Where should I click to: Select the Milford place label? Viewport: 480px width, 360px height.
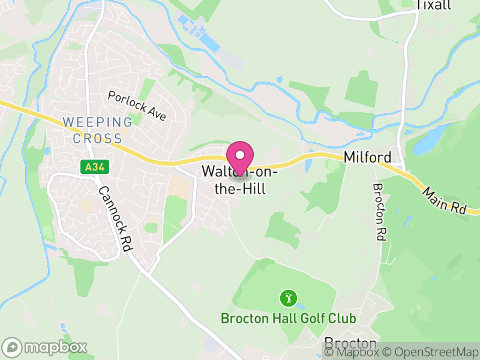pyautogui.click(x=367, y=158)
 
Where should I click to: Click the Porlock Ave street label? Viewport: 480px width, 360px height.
pyautogui.click(x=137, y=106)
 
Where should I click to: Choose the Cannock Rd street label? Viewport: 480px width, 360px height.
pyautogui.click(x=115, y=218)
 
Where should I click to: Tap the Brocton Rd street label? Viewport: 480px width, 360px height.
pyautogui.click(x=379, y=211)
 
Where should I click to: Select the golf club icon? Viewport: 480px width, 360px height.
pyautogui.click(x=289, y=297)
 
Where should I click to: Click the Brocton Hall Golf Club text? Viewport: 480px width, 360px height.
pyautogui.click(x=289, y=318)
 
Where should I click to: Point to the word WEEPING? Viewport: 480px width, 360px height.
pyautogui.click(x=97, y=122)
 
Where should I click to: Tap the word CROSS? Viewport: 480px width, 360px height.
pyautogui.click(x=97, y=138)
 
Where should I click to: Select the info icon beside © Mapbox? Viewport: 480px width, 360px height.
pyautogui.click(x=329, y=352)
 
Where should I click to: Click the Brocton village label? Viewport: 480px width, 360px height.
pyautogui.click(x=350, y=343)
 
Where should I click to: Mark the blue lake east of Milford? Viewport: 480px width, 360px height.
pyautogui.click(x=427, y=141)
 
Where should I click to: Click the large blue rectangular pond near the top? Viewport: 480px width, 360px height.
pyautogui.click(x=211, y=42)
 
